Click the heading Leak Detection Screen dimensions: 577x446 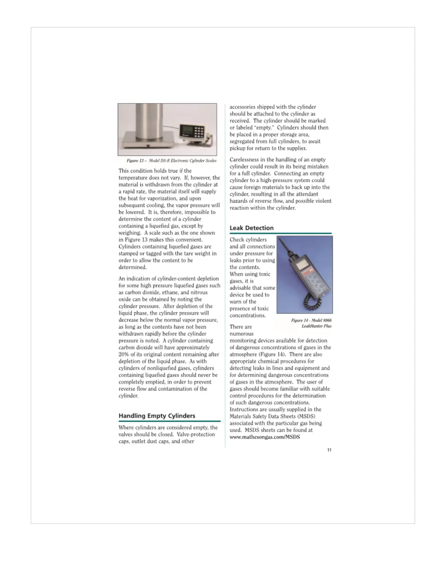coord(251,228)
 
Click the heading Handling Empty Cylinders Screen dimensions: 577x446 coord(157,416)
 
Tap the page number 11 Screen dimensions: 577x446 coord(329,450)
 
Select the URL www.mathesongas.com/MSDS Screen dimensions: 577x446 coord(265,437)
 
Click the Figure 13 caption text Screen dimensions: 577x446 coord(171,161)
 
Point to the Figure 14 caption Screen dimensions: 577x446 coord(311,323)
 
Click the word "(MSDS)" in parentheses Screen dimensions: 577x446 coord(306,416)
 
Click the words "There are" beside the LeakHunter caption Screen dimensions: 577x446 coord(240,327)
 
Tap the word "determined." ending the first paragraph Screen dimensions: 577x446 coord(133,267)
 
